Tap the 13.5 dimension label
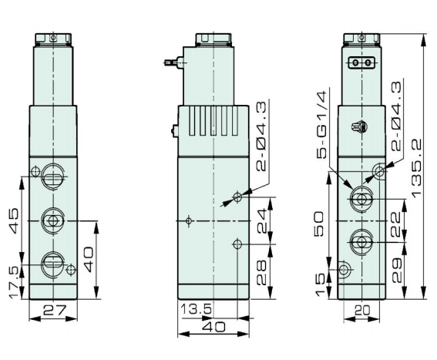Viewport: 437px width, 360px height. coord(197,308)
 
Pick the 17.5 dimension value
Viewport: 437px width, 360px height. coord(14,282)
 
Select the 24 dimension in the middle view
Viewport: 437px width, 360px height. coord(262,221)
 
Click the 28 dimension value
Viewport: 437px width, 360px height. coord(261,272)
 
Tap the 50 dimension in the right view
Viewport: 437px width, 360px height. coord(319,224)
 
